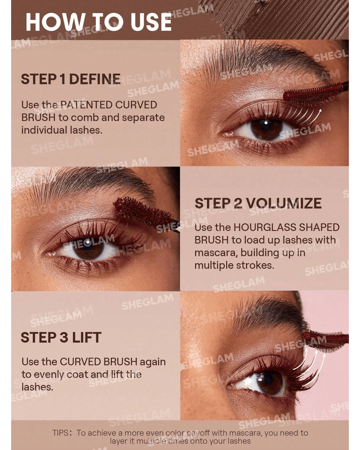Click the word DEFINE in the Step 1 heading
[x=95, y=79]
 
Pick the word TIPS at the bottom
[x=60, y=433]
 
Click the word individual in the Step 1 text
[x=44, y=130]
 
